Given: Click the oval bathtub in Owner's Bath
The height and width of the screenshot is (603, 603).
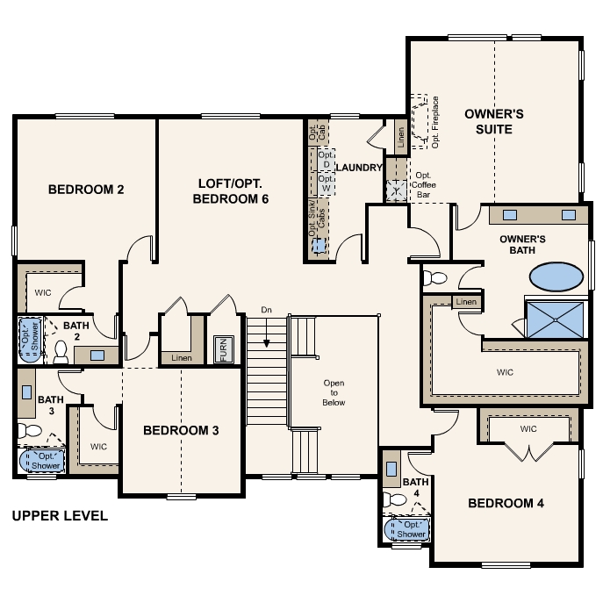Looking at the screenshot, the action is coord(556,276).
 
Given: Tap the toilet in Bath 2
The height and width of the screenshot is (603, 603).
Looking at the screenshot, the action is coord(61,352).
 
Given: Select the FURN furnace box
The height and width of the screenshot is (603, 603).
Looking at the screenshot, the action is coord(224,349).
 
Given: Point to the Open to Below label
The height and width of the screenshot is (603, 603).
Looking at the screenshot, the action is coord(334,392).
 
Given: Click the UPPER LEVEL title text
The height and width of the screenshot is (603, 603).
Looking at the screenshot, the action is coord(60,516).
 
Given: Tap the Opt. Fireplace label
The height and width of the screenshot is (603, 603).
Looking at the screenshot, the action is coord(435,122).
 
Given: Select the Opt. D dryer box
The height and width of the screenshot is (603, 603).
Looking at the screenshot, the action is coord(327,160).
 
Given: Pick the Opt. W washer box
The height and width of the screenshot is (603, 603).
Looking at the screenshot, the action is coord(327,183).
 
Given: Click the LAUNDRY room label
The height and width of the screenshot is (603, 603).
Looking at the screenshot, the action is coord(359,168).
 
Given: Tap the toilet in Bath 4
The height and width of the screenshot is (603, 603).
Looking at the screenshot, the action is coord(395,499).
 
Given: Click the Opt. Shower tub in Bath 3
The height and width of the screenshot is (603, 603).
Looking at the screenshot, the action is coord(41,461).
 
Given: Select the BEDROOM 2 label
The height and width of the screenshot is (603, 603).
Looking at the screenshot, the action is coord(86,190).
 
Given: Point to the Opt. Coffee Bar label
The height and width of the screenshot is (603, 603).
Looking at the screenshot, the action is coord(423,185).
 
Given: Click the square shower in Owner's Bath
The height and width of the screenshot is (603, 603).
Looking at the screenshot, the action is coord(555,320).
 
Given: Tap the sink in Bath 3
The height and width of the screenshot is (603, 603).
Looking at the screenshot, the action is coord(26,392).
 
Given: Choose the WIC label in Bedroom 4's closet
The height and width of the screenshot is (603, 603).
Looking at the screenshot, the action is coord(528,429).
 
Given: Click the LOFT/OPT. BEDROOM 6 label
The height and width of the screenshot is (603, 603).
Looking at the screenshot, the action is coord(230,191).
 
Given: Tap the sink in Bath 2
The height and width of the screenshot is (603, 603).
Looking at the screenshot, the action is coord(97,355).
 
